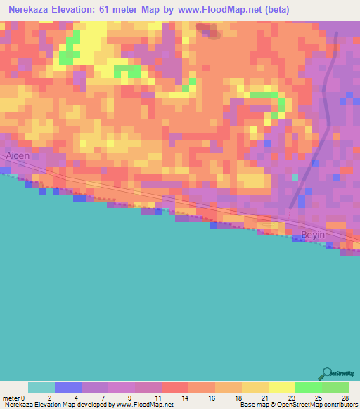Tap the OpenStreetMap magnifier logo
pyautogui.click(x=328, y=373)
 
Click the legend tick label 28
pyautogui.click(x=344, y=398)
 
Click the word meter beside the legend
pyautogui.click(x=12, y=398)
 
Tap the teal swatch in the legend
pyautogui.click(x=41, y=387)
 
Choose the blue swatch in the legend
pyautogui.click(x=68, y=387)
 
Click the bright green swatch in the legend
pyautogui.click(x=309, y=387)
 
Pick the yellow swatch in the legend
pyautogui.click(x=282, y=387)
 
